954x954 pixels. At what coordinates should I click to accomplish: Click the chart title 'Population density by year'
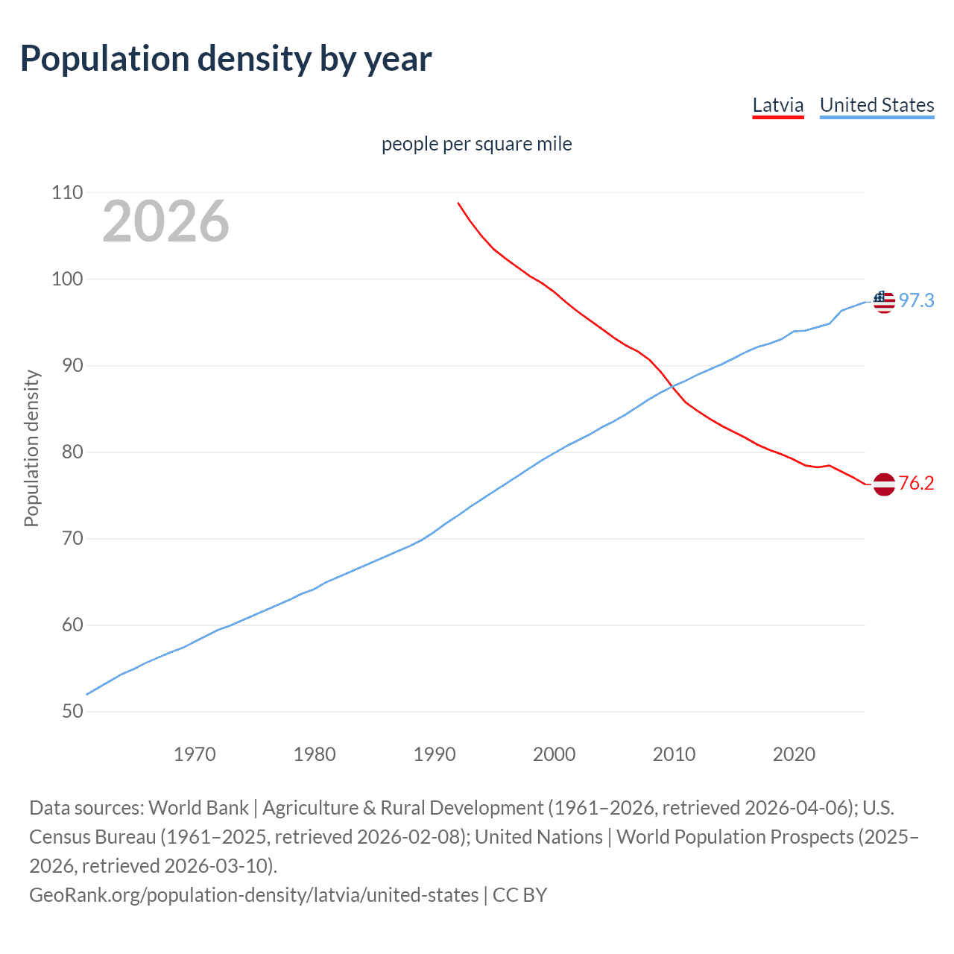[x=226, y=59]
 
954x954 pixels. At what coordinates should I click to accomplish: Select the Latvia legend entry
[x=777, y=105]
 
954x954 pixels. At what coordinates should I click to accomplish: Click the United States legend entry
[x=876, y=105]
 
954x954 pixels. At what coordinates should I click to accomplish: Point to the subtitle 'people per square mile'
[x=476, y=144]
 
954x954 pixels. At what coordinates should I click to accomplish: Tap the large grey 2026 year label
[x=165, y=221]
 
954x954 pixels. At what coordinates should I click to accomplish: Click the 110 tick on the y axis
[x=67, y=192]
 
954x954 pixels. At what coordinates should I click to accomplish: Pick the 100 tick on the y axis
[x=67, y=279]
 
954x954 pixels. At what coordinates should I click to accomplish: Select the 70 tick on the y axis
[x=67, y=538]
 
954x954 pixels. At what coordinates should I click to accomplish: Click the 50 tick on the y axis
[x=67, y=711]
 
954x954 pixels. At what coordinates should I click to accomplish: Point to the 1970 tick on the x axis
[x=195, y=754]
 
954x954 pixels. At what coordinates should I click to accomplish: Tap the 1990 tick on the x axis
[x=435, y=754]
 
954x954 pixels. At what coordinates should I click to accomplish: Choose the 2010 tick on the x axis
[x=674, y=754]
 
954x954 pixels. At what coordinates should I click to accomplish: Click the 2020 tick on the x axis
[x=794, y=754]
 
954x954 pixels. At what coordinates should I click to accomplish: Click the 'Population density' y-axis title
[x=31, y=449]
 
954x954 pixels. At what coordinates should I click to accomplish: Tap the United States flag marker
[x=883, y=301]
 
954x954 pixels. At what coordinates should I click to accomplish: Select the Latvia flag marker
[x=883, y=484]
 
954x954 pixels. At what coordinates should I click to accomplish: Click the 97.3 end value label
[x=916, y=300]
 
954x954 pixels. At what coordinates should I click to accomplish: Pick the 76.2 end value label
[x=916, y=483]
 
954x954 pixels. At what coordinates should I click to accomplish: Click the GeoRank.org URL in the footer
[x=253, y=894]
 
